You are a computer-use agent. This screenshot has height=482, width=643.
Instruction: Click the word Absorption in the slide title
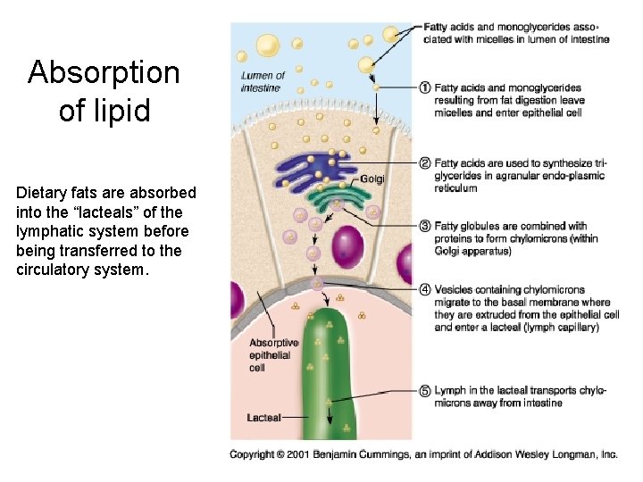104,72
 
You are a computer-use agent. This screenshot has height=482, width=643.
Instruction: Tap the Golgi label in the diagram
372,179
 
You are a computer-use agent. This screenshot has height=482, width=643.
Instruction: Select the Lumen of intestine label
263,81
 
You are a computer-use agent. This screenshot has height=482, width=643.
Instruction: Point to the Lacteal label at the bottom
264,417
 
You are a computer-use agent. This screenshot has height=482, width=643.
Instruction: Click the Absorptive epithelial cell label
271,354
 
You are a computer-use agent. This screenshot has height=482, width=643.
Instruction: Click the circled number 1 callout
425,88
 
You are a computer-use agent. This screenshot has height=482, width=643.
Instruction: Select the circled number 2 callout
425,163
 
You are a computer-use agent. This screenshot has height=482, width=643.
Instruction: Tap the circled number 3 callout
425,227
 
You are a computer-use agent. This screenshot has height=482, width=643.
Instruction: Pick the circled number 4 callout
425,289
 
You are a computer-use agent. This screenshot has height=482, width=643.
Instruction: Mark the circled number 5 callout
425,391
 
